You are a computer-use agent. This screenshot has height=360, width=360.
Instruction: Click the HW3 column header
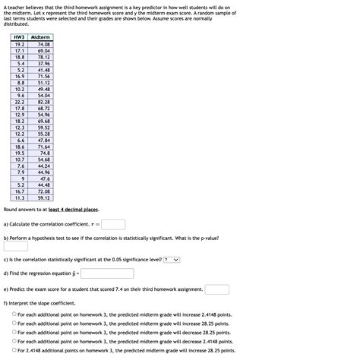pyautogui.click(x=20, y=37)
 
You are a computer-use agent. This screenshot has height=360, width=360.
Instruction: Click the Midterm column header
pyautogui.click(x=41, y=37)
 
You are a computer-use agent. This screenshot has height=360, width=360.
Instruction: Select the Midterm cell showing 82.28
pyautogui.click(x=43, y=102)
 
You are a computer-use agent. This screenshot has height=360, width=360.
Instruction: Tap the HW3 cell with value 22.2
pyautogui.click(x=20, y=102)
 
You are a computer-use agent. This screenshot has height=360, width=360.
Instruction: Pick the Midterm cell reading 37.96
pyautogui.click(x=43, y=63)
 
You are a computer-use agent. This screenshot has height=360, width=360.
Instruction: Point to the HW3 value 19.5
pyautogui.click(x=20, y=153)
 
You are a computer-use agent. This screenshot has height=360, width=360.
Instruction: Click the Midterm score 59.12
pyautogui.click(x=43, y=198)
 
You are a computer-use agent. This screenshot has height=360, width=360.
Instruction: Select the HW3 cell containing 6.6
pyautogui.click(x=21, y=141)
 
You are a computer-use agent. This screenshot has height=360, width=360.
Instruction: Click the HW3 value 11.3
pyautogui.click(x=20, y=198)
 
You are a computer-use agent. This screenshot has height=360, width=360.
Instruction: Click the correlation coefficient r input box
pyautogui.click(x=113, y=225)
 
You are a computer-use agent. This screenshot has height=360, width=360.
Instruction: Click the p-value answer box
pyautogui.click(x=16, y=246)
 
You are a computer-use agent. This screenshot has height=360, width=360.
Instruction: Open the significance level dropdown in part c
pyautogui.click(x=172, y=260)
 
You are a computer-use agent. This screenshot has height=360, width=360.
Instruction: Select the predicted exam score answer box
pyautogui.click(x=216, y=289)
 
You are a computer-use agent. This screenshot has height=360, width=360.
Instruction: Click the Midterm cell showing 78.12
pyautogui.click(x=43, y=57)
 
